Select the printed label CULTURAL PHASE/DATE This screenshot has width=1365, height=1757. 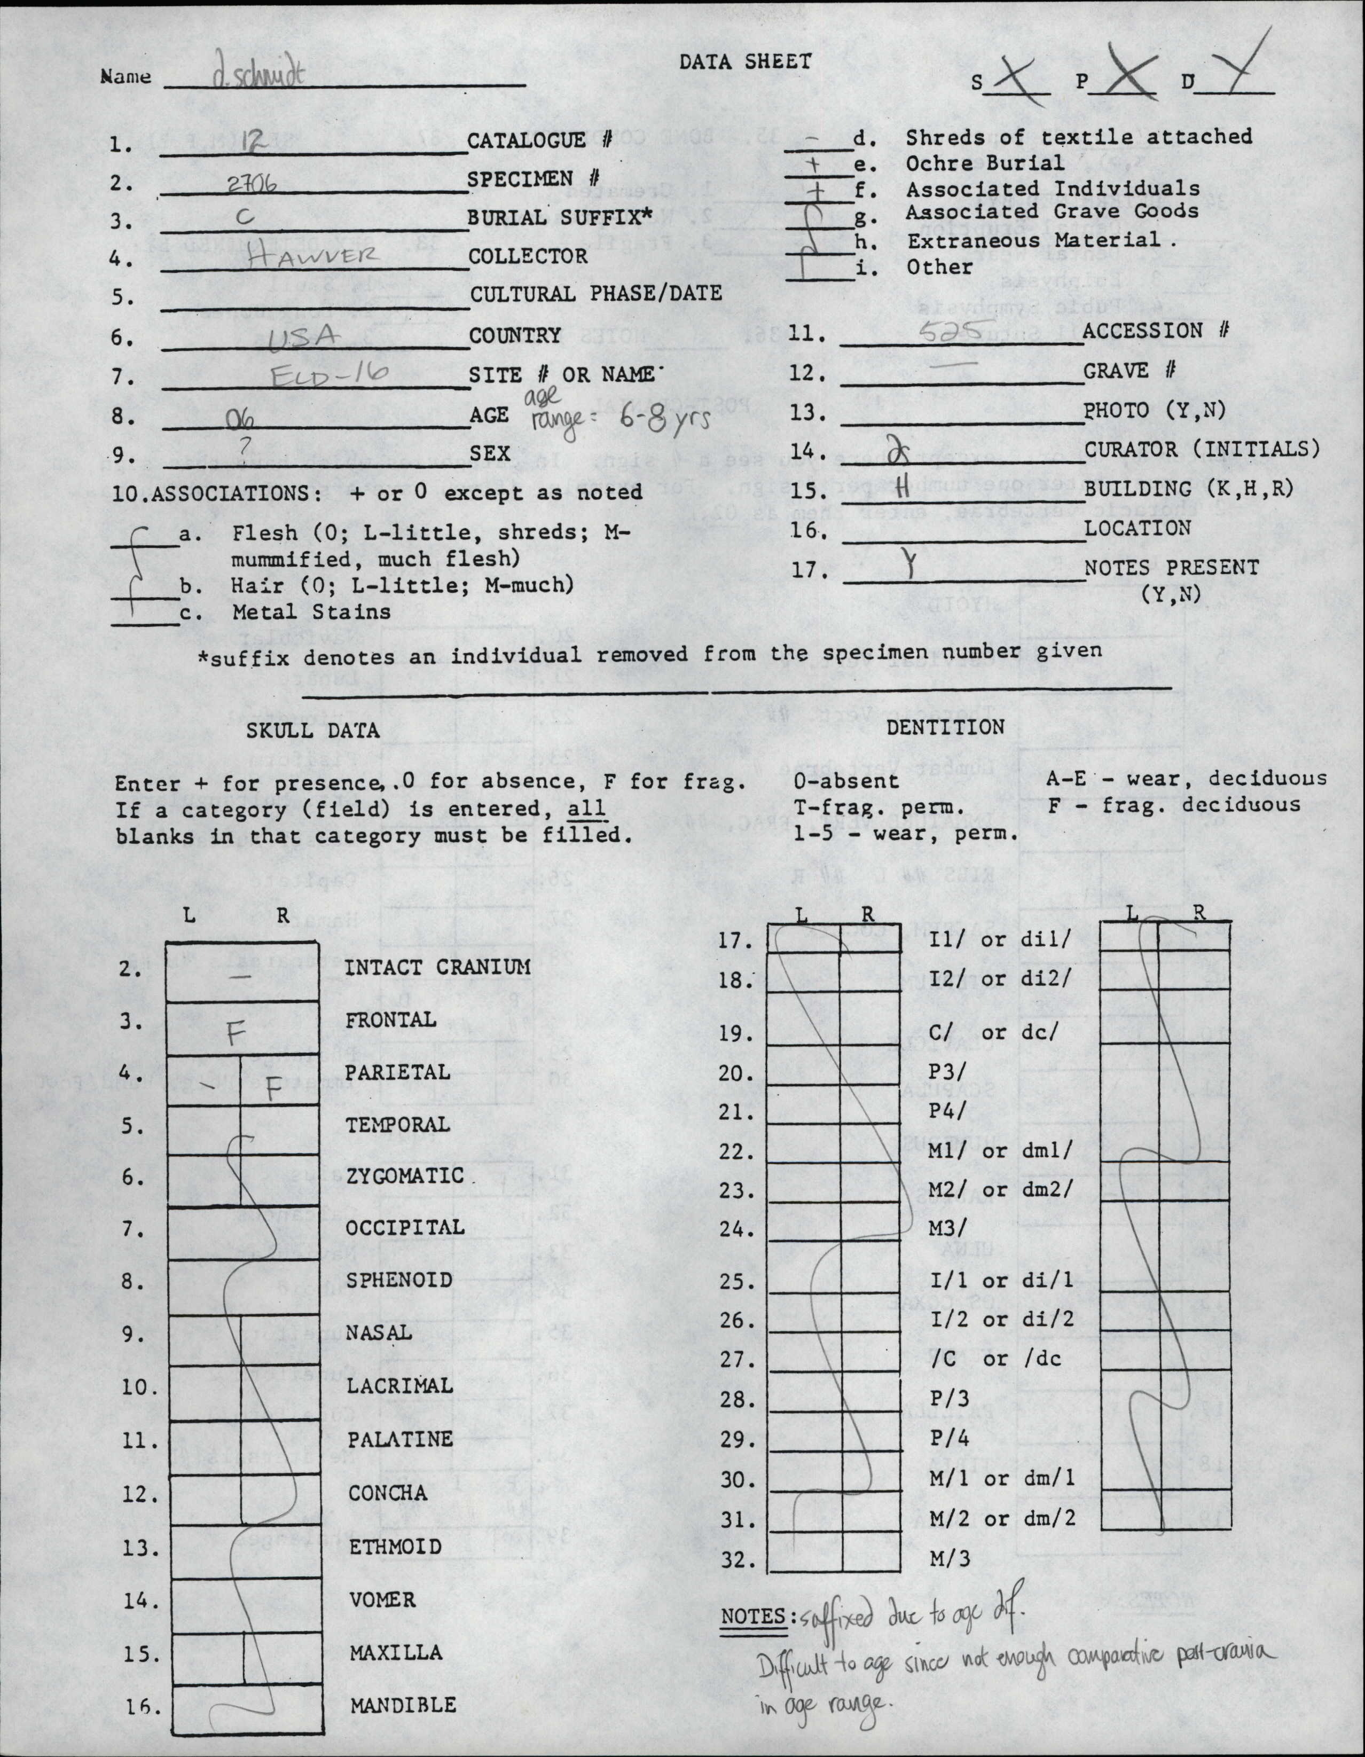(595, 294)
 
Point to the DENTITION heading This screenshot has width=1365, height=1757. (945, 727)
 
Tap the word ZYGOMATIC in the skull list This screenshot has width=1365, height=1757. (405, 1176)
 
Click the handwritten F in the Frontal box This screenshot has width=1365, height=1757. (234, 1034)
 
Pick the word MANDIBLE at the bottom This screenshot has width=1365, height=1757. (403, 1704)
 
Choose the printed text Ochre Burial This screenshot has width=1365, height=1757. (985, 163)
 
